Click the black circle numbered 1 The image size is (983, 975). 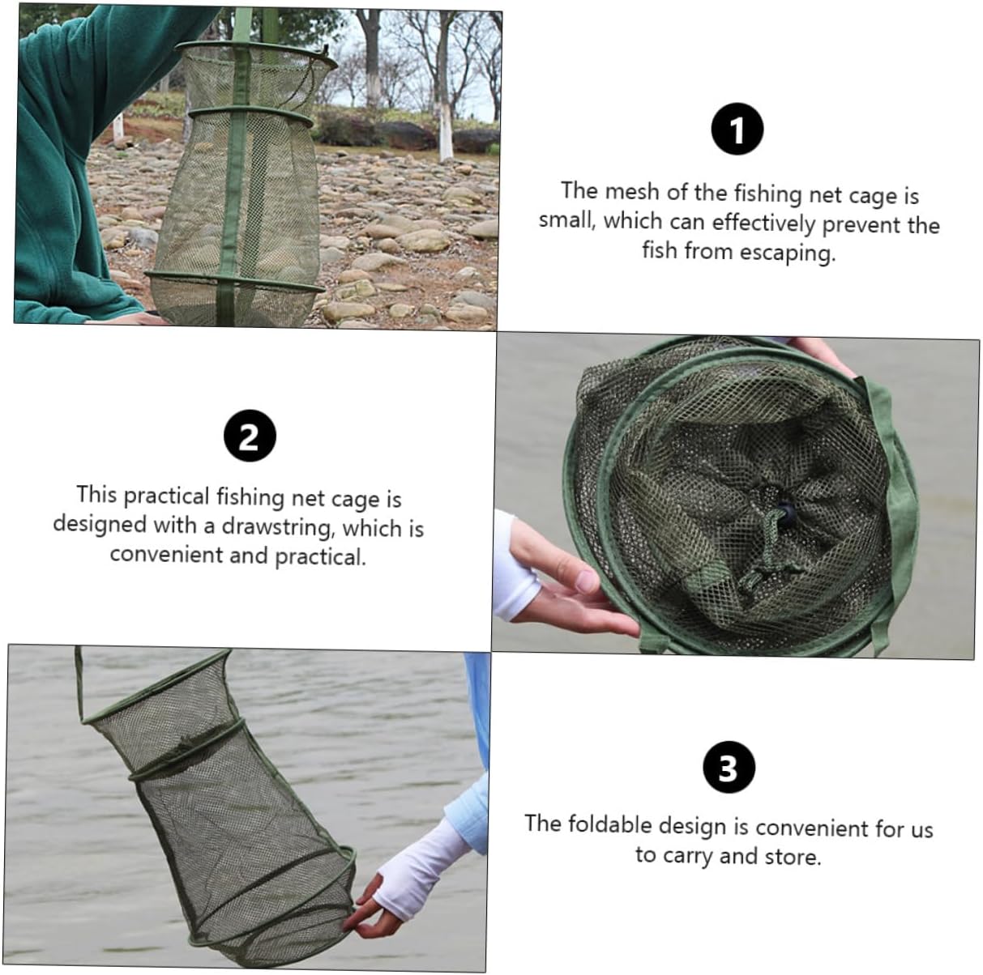[737, 130]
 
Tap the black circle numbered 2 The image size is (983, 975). [250, 436]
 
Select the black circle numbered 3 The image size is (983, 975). [729, 768]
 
